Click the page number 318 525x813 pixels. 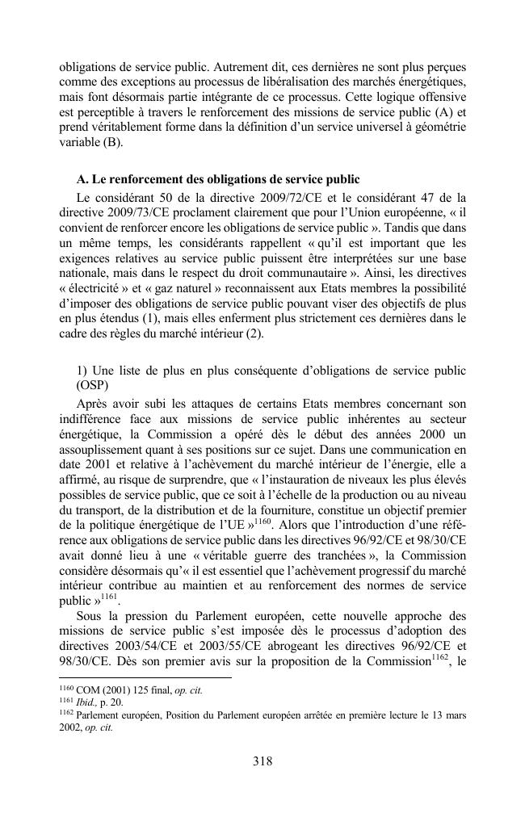262,761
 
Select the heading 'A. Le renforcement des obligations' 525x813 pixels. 218,178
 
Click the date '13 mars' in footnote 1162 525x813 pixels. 447,715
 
